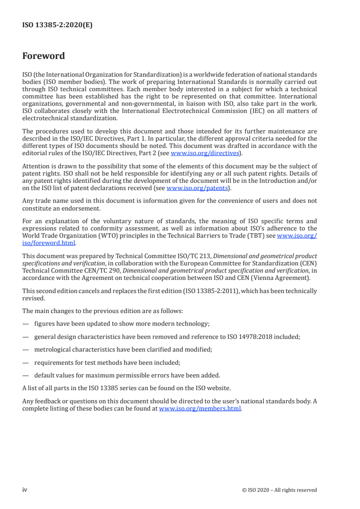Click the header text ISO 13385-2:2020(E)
tap(57, 25)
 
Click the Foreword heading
tap(44, 56)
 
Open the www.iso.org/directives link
tap(204, 153)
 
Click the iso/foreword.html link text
tap(49, 243)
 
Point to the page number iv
tap(25, 489)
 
